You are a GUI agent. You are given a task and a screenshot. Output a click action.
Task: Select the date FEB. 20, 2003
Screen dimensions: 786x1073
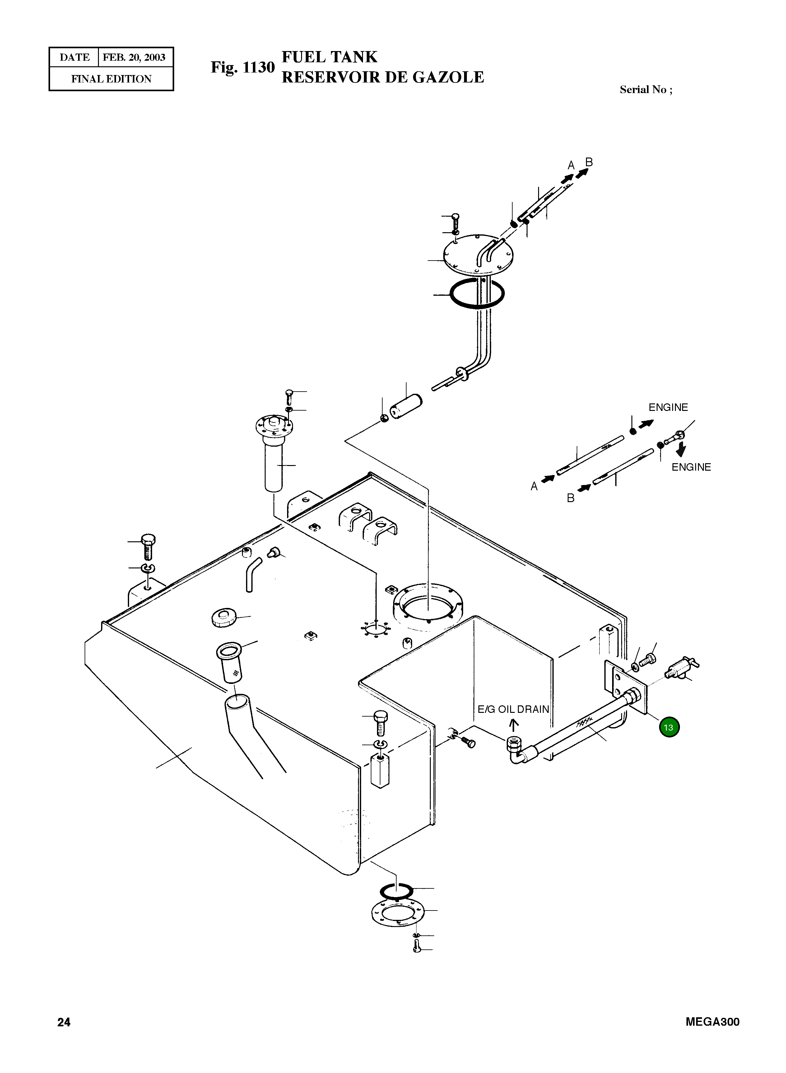point(134,58)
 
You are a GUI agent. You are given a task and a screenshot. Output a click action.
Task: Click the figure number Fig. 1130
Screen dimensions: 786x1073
point(243,68)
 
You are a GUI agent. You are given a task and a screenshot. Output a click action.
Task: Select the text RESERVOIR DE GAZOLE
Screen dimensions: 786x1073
point(383,77)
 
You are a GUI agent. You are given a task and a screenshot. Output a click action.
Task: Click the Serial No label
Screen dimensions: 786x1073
point(646,90)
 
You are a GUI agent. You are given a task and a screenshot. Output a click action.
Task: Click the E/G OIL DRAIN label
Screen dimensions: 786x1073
point(514,709)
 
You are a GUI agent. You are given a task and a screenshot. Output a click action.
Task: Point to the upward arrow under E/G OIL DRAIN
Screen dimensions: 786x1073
point(513,725)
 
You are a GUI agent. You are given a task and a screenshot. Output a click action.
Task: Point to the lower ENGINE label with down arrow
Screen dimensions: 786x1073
point(691,467)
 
